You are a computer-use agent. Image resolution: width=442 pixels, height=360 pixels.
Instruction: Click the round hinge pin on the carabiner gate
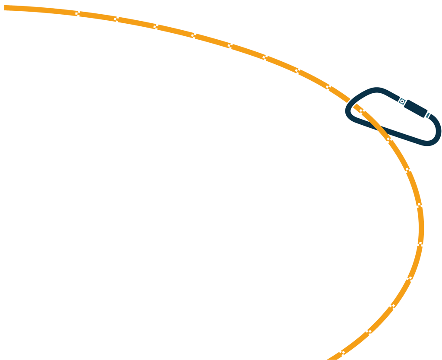[x=402, y=101]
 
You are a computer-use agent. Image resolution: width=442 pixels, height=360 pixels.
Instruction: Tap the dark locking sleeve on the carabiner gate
[x=416, y=108]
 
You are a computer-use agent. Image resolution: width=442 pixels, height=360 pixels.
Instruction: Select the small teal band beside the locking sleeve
[x=427, y=115]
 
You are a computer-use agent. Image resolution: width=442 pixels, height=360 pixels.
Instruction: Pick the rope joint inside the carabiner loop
[x=362, y=111]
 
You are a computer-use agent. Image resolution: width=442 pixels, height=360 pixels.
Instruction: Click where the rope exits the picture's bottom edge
[x=332, y=358]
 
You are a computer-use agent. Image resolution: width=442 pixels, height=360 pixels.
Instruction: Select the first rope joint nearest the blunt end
[x=77, y=13]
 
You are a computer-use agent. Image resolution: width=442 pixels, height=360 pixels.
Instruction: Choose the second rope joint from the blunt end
[x=116, y=19]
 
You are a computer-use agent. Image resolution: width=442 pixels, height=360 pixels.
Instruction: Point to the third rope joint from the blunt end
[x=155, y=26]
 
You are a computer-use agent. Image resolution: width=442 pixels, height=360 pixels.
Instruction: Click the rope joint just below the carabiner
[x=389, y=139]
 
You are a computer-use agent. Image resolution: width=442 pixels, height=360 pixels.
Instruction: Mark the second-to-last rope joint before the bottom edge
[x=369, y=332]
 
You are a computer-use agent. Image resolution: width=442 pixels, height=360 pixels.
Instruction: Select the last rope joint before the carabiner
[x=328, y=87]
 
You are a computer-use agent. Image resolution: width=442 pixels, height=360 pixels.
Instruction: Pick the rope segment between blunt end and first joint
[x=41, y=9]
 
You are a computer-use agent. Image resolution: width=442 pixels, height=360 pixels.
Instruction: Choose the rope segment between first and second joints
[x=97, y=16]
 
